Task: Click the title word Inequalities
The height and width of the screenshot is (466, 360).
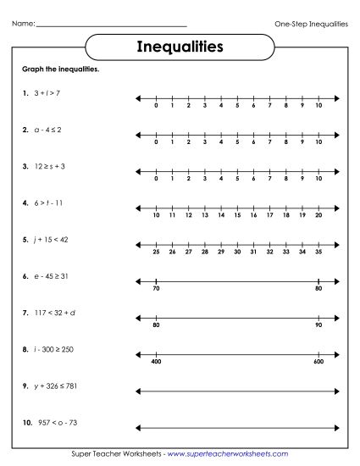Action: click(x=180, y=47)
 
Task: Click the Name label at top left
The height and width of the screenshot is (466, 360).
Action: click(x=23, y=24)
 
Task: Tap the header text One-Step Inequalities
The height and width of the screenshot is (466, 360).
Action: click(x=312, y=24)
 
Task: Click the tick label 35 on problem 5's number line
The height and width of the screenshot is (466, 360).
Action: click(x=318, y=252)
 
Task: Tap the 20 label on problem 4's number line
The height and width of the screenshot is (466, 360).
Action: click(x=318, y=216)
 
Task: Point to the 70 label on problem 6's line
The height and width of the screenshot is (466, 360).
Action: click(x=156, y=290)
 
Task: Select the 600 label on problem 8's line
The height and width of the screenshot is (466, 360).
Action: click(x=318, y=363)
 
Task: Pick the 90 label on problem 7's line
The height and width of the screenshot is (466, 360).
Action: click(x=318, y=326)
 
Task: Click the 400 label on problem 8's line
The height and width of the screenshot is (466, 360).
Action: click(x=156, y=363)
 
